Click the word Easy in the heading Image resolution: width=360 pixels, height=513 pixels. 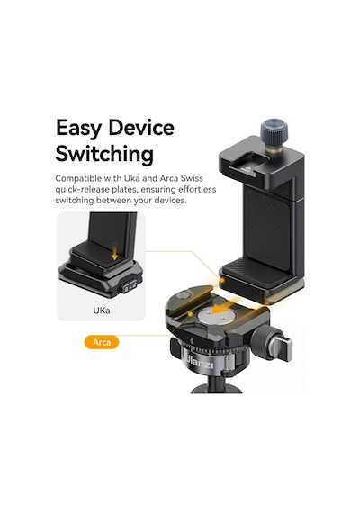pos(78,128)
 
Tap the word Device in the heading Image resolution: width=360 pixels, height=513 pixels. pos(141,128)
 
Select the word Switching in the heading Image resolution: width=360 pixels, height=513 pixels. pos(104,154)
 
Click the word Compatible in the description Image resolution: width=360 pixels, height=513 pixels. pos(78,178)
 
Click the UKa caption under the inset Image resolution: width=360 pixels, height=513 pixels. pos(102,310)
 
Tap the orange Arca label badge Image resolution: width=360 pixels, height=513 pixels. pos(102,342)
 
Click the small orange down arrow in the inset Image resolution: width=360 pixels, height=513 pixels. pos(114,251)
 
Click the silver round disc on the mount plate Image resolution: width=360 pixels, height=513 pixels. pos(212,317)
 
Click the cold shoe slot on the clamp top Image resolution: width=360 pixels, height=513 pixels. pos(247,166)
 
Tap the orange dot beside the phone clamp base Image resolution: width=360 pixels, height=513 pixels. pos(222,280)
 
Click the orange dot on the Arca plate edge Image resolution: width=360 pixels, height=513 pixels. pos(190,314)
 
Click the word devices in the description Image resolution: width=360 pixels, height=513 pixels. pos(170,201)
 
